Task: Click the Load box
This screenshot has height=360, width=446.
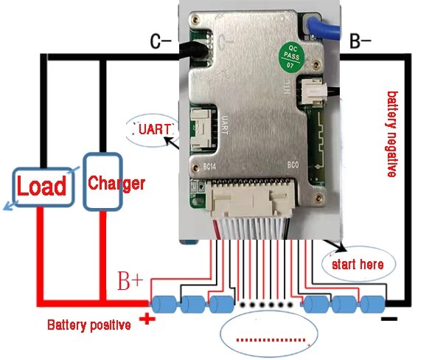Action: [42, 185]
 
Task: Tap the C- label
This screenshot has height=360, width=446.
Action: [161, 42]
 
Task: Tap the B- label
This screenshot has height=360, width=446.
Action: [360, 41]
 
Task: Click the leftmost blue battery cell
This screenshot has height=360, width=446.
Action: [163, 303]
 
